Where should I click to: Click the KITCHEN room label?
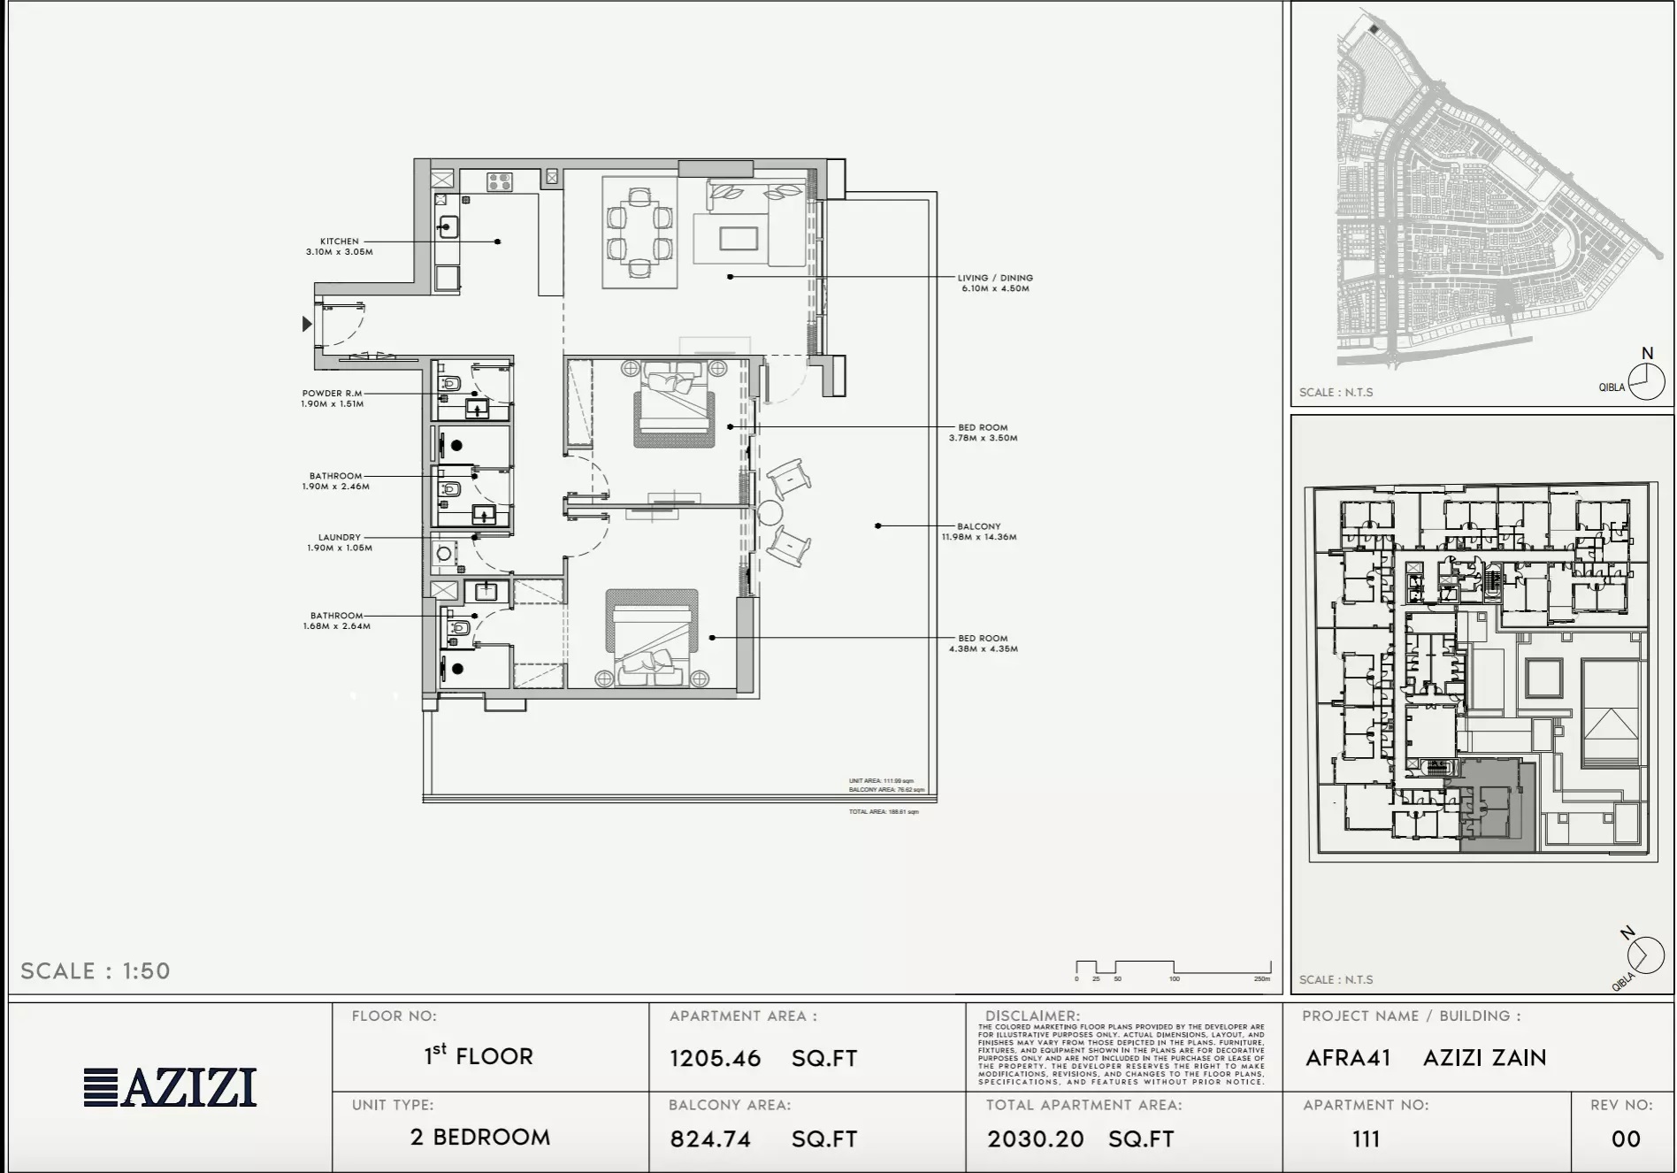point(340,241)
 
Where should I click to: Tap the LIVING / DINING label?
point(995,278)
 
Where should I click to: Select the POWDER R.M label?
point(332,394)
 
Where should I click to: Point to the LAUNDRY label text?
point(340,537)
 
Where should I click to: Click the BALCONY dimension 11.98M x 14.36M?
point(978,537)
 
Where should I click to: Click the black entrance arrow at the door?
point(306,324)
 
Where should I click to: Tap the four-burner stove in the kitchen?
point(499,182)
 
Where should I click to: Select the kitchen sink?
point(448,227)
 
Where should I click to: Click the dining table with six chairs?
point(639,232)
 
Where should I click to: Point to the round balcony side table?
point(770,514)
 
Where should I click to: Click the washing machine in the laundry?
point(444,555)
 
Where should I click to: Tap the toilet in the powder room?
point(450,385)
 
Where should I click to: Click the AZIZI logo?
point(170,1087)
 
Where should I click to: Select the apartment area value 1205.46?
point(715,1058)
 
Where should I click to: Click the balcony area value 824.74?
point(710,1138)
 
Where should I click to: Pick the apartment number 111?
point(1366,1138)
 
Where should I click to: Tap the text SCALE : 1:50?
point(96,970)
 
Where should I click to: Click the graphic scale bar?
point(1173,969)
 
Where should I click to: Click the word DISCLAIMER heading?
point(1032,1016)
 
